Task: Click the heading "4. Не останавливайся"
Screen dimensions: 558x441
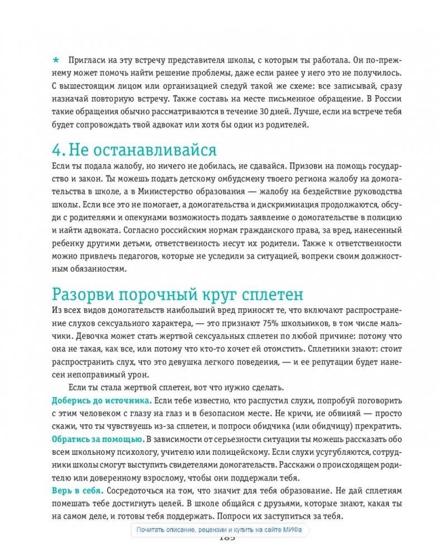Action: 134,150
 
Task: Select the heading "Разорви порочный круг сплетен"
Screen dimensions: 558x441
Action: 178,293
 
